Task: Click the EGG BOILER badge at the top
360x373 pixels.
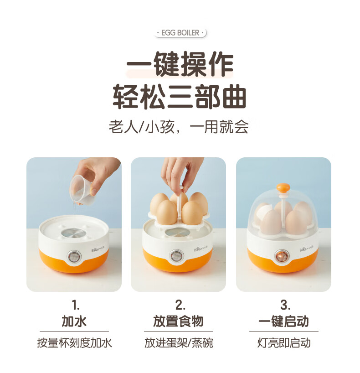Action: [180, 32]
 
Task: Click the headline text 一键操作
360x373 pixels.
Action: [180, 64]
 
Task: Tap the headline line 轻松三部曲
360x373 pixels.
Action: [180, 97]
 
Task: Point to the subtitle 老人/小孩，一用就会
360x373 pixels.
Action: [179, 127]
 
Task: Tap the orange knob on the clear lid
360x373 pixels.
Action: [283, 187]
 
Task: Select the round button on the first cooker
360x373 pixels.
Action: [75, 256]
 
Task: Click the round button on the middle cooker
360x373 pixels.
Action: [176, 256]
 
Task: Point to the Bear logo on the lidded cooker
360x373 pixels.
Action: [307, 249]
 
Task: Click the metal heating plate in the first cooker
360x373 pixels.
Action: [73, 233]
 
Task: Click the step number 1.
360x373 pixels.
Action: [75, 305]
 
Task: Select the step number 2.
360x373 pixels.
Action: [180, 305]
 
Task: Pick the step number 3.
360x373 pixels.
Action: [285, 305]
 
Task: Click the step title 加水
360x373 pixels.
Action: [74, 321]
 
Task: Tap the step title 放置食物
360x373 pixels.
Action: [178, 321]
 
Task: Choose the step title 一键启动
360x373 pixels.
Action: [284, 321]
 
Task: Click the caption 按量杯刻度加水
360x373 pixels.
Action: [74, 343]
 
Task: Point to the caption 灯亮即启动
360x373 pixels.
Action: [284, 343]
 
